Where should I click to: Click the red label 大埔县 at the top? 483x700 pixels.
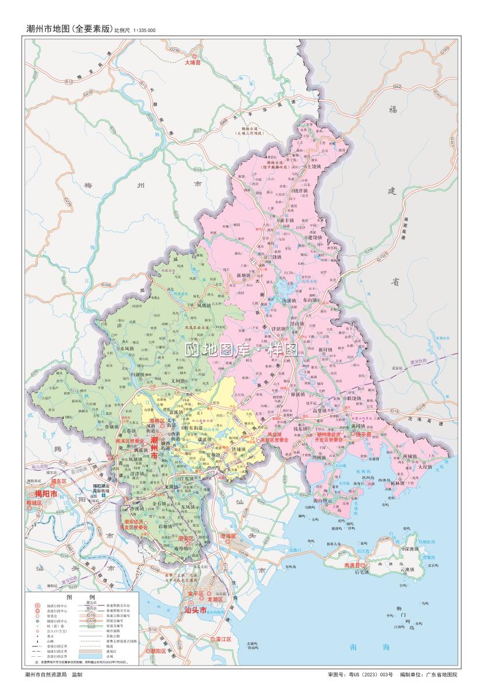pyautogui.click(x=192, y=61)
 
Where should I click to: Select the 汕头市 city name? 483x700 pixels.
pyautogui.click(x=195, y=610)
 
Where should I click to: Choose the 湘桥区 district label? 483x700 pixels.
pyautogui.click(x=158, y=421)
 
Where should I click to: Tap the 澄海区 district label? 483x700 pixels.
pyautogui.click(x=227, y=535)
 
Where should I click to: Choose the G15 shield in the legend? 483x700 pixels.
pyautogui.click(x=91, y=616)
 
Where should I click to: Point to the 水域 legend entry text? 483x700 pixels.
pyautogui.click(x=110, y=656)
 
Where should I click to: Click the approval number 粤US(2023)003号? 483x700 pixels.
pyautogui.click(x=371, y=675)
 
